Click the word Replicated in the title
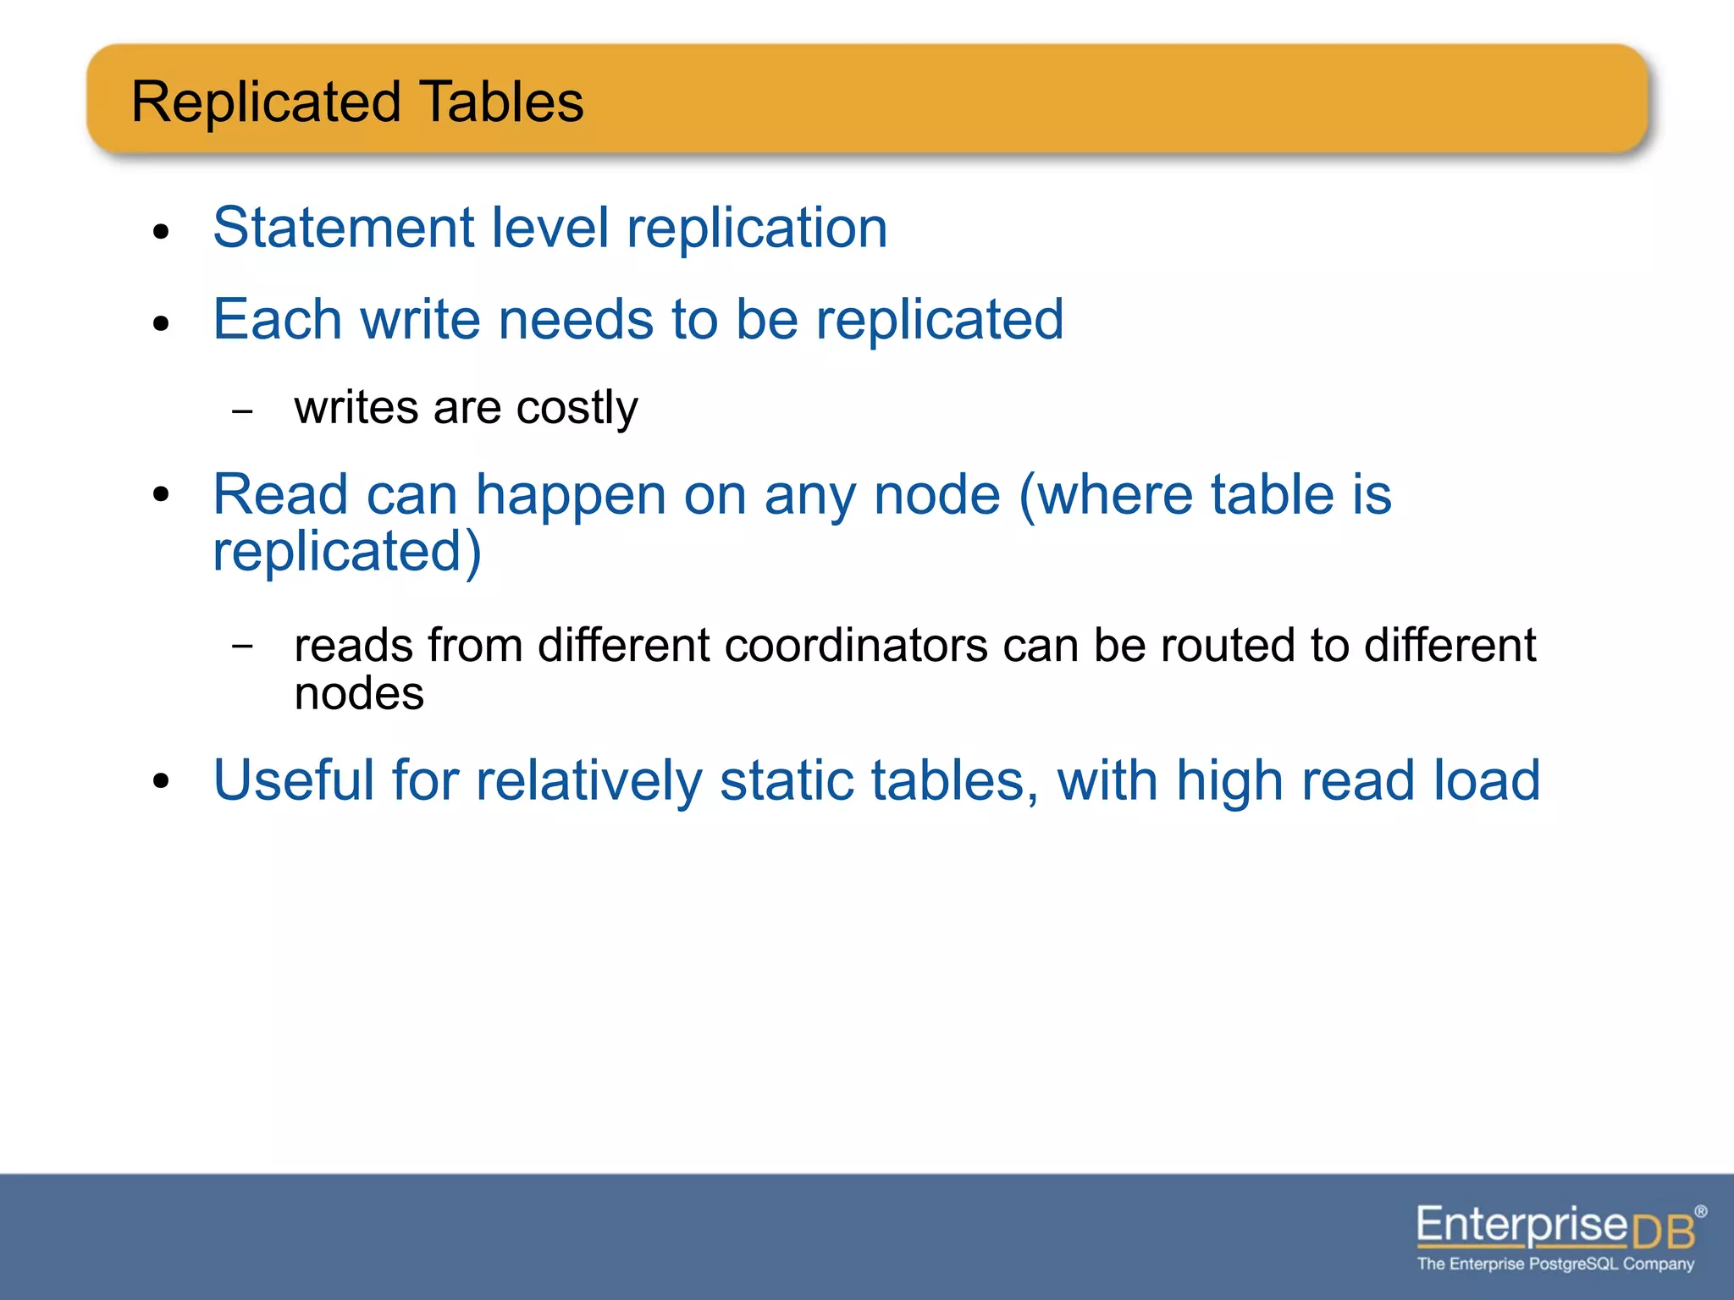point(266,102)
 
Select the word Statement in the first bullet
point(343,228)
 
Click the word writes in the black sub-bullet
point(356,408)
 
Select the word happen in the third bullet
point(571,495)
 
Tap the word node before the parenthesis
point(936,495)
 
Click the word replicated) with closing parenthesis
point(347,552)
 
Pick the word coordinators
point(855,646)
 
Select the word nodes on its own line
point(359,694)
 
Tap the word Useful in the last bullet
point(293,779)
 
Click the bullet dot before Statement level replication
point(162,231)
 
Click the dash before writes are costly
point(242,412)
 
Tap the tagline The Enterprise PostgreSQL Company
point(1555,1264)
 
